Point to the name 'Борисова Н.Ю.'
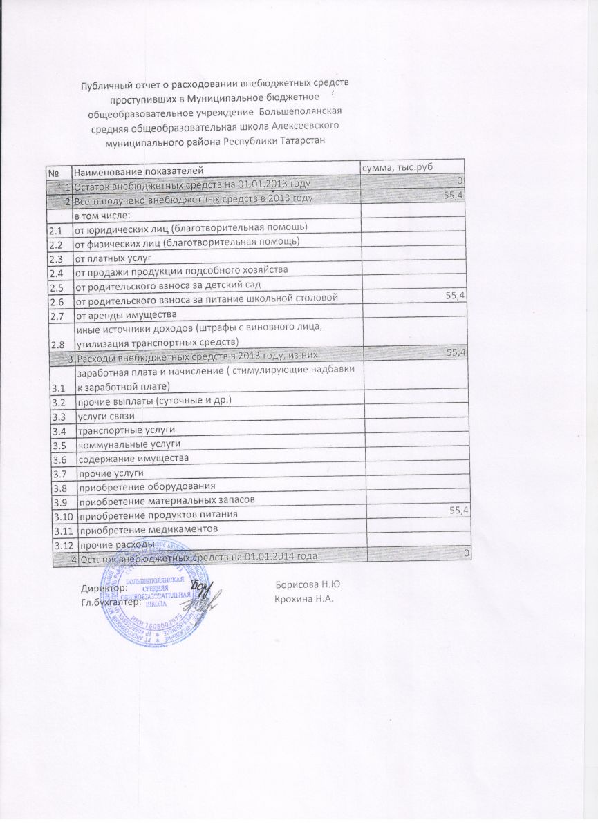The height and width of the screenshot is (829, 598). [309, 584]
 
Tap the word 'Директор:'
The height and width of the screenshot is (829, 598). [104, 589]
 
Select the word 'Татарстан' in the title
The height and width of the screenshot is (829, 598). [301, 141]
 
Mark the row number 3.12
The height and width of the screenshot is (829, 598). [64, 546]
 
